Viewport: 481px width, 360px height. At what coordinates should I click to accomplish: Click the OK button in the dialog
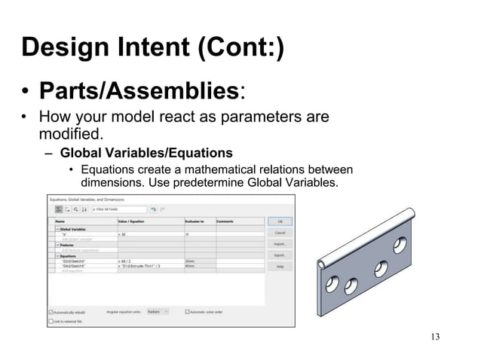pos(280,221)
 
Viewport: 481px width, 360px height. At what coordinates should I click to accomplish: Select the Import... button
pos(280,244)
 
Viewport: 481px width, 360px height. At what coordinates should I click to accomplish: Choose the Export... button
pos(280,255)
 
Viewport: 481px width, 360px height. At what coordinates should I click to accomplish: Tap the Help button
pos(280,267)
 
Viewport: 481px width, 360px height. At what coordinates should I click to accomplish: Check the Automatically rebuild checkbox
pos(51,311)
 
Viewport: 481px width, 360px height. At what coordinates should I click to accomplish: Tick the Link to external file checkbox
pos(51,320)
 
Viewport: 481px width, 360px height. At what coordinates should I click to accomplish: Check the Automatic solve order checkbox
pos(186,311)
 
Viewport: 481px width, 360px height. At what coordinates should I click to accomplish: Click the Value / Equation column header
pos(133,221)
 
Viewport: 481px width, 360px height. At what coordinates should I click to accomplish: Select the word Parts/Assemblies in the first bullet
pos(139,92)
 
